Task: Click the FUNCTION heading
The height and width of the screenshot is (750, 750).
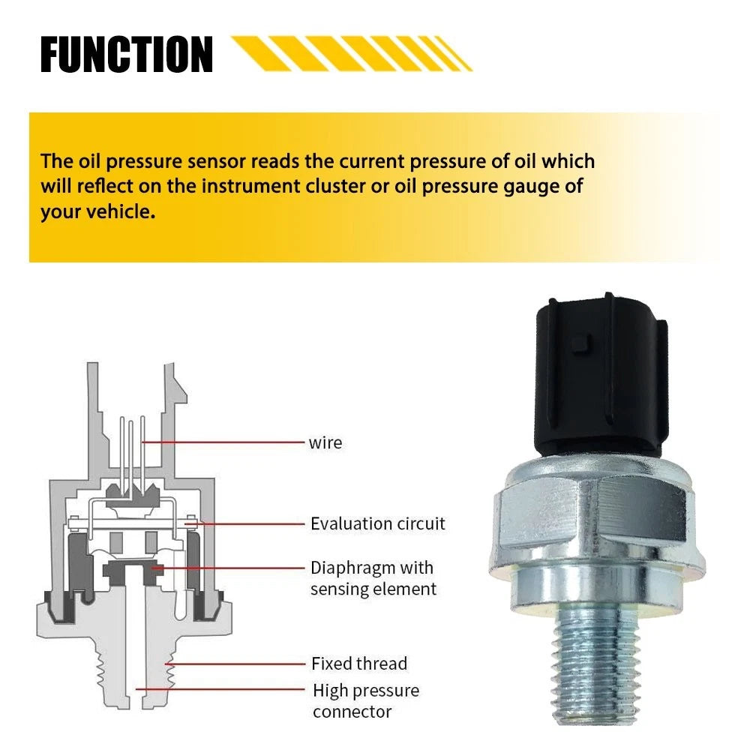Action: [127, 54]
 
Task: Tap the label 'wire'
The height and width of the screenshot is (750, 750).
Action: [325, 443]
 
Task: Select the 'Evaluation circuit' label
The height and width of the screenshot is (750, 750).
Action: [377, 523]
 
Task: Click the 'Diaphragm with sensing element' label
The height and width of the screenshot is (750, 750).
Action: [373, 578]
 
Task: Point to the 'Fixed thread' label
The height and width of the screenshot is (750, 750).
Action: [359, 664]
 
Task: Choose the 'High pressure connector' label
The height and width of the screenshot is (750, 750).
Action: [366, 701]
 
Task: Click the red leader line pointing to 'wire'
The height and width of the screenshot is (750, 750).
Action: [223, 442]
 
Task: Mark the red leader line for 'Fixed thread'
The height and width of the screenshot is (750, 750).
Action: [235, 664]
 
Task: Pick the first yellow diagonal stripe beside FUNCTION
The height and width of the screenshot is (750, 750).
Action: [258, 53]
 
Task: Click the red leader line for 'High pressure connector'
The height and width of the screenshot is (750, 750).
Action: [220, 689]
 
